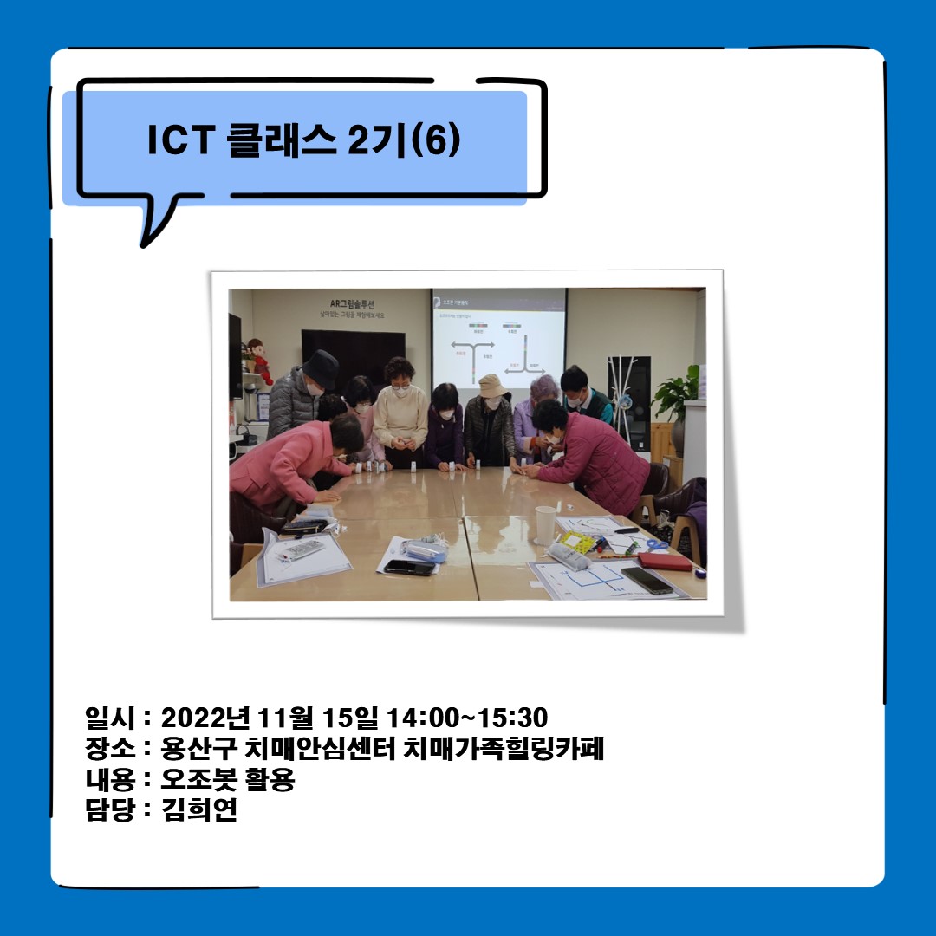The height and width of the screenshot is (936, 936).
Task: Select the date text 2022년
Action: [205, 718]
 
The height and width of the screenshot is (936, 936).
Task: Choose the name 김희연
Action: [199, 810]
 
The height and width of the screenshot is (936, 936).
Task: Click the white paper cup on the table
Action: [545, 524]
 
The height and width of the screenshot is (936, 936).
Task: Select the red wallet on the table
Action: [665, 561]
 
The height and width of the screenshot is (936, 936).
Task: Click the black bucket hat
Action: [320, 368]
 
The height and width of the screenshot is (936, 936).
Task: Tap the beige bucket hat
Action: [492, 385]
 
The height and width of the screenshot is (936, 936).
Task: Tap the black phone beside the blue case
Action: [408, 567]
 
